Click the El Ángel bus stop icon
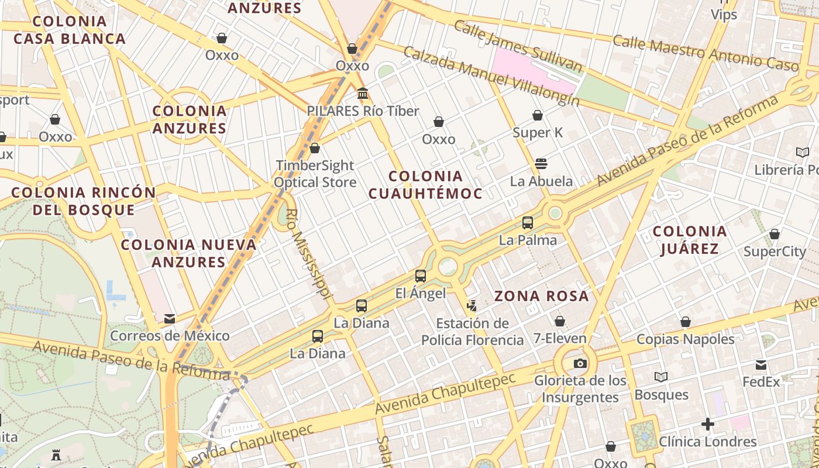[x=420, y=276]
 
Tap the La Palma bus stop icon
[x=528, y=223]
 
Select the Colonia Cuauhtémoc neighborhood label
[x=425, y=184]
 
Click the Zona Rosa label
[x=542, y=296]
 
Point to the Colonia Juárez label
[x=690, y=240]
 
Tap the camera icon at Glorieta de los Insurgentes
[x=580, y=363]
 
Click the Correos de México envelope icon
[x=170, y=319]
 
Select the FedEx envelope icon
[x=761, y=365]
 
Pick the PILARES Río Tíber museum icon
[x=363, y=94]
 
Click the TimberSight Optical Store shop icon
[x=315, y=148]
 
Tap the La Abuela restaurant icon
[x=541, y=163]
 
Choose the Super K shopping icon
[x=538, y=115]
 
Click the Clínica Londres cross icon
[x=708, y=424]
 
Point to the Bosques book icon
[x=661, y=377]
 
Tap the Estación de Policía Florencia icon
[x=472, y=305]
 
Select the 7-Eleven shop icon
[x=560, y=321]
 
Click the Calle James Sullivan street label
[x=518, y=46]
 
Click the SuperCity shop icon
[x=775, y=235]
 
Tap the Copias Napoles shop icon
[x=686, y=322]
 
